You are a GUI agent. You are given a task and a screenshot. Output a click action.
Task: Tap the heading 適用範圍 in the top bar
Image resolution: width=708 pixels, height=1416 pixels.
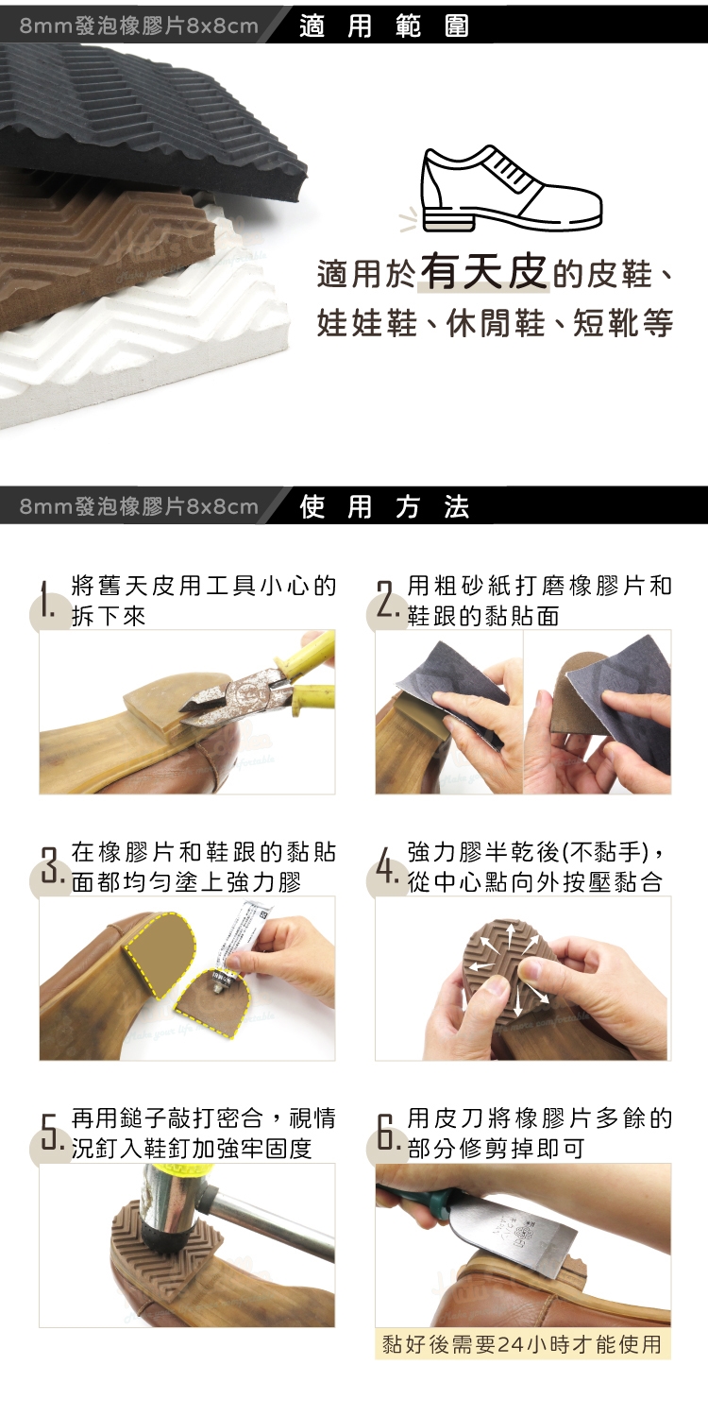click(384, 26)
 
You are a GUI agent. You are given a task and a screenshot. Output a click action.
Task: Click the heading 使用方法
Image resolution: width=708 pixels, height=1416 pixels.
click(384, 505)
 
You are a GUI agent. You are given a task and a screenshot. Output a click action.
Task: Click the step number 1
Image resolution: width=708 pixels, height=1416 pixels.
click(45, 600)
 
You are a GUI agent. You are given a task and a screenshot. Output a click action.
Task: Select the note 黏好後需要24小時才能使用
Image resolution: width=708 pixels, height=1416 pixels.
click(522, 1344)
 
